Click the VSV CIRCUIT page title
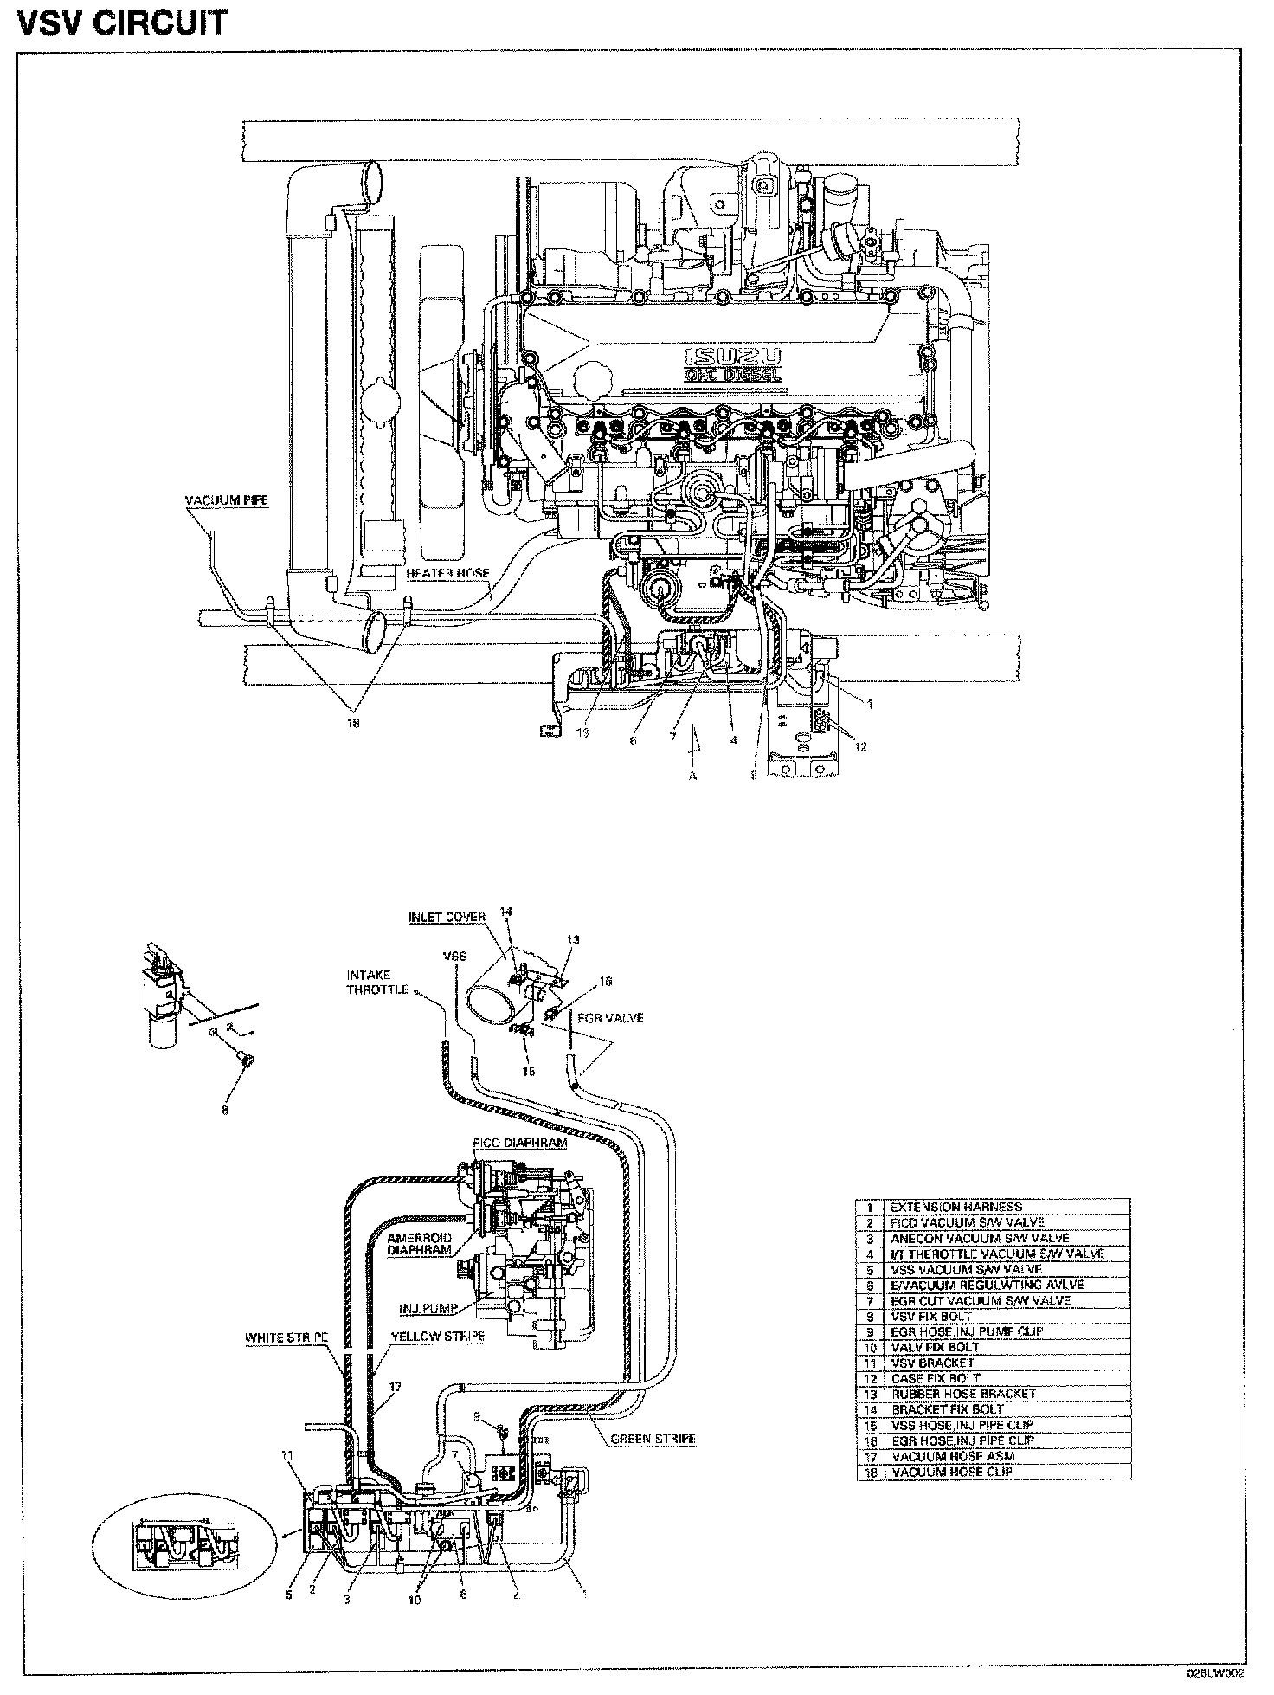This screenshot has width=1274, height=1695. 121,23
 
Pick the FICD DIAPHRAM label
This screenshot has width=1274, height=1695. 520,1142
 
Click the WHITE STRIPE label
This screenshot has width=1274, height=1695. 286,1337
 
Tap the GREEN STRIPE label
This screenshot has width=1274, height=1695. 653,1439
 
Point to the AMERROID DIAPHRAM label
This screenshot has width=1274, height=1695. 418,1244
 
